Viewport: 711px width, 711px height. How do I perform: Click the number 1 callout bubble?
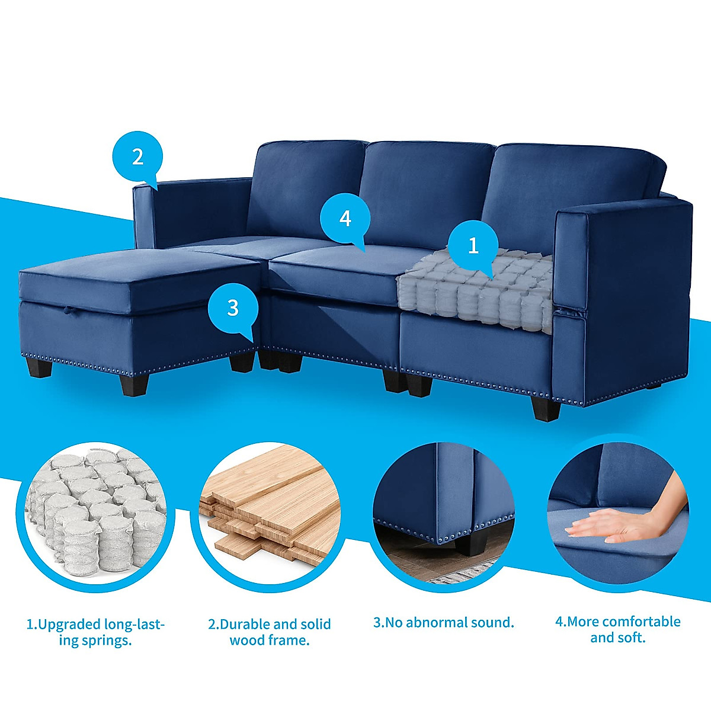coord(473,245)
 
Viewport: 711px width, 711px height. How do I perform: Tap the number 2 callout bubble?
coord(137,157)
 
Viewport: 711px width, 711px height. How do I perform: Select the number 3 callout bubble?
coord(233,308)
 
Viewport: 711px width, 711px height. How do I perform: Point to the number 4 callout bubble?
coord(345,219)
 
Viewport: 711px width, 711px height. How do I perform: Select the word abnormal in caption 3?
coord(429,623)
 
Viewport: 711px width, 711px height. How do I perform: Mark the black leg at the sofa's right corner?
coord(546,408)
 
